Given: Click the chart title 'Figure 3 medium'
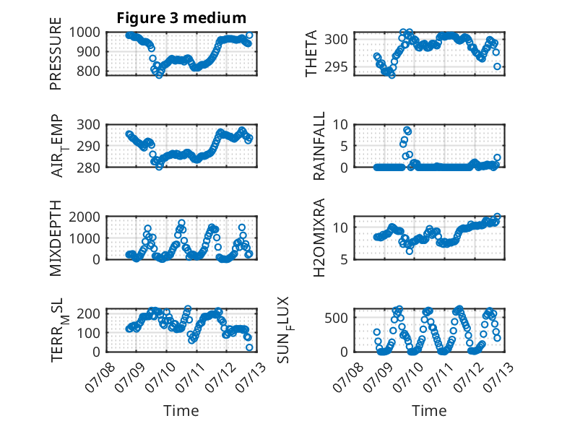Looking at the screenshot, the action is coord(181,17).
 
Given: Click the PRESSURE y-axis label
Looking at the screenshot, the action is coord(56,53).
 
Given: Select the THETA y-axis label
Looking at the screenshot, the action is coord(311,53).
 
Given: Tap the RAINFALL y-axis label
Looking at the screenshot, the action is coord(319,146).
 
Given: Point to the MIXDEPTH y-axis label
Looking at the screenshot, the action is coord(56,238).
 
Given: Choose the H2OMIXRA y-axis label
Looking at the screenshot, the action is coord(319,238).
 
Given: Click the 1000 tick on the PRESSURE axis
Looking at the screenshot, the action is coord(85,32).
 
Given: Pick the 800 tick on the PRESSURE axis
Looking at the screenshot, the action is coord(88,71).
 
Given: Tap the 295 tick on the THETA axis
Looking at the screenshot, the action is coord(336,66).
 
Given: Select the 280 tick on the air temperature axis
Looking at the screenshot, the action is coord(88,168).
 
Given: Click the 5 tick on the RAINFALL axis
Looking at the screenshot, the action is coord(344,146).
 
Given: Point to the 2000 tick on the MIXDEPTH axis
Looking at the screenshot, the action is coord(85,217).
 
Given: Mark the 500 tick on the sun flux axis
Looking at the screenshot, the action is coord(336,318).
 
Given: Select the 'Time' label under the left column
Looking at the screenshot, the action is coord(181,410).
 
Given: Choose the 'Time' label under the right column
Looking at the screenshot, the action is coord(429,410).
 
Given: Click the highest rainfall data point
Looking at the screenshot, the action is coord(407,130).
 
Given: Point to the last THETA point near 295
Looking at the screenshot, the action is coord(497,66).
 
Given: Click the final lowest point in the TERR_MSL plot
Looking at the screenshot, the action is coord(249,347).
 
